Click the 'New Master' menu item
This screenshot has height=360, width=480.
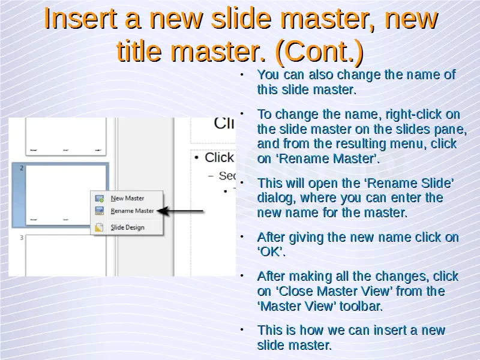[127, 199]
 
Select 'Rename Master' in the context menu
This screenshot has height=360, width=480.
[132, 211]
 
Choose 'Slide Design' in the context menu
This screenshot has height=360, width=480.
[127, 227]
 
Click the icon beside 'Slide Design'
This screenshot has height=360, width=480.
[99, 227]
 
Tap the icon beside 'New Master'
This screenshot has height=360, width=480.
[99, 199]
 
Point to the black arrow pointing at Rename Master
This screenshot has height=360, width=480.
[181, 211]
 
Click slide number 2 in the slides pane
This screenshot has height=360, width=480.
[22, 168]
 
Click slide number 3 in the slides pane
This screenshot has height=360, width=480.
[22, 238]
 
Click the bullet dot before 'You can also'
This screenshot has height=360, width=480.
[242, 74]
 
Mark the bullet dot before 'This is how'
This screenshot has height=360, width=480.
[242, 329]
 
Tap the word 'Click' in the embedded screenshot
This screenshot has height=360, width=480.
[219, 158]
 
